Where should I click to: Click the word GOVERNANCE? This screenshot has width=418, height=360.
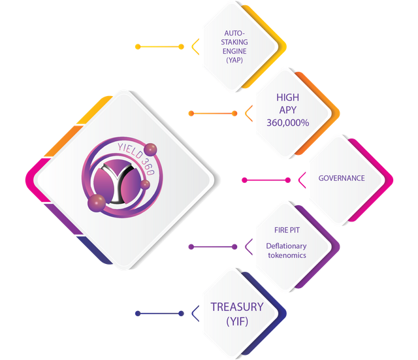coord(342,178)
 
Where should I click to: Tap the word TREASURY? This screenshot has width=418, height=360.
coord(237,307)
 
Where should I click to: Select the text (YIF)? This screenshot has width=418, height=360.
coord(237,321)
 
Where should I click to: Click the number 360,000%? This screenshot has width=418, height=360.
coord(288,123)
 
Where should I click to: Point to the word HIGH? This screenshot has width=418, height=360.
coord(287,97)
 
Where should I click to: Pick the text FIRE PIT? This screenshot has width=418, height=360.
coord(287,230)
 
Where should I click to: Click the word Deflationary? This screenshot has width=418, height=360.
coord(286,246)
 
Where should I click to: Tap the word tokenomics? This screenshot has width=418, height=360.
coord(287,255)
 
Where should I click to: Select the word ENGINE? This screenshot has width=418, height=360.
coord(234,51)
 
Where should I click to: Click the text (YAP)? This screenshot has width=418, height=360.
coord(234,60)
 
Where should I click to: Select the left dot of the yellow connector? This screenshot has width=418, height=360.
coord(138,47)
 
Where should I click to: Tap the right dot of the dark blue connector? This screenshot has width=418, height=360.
coord(181,314)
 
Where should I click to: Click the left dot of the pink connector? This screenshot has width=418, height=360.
coord(244,180)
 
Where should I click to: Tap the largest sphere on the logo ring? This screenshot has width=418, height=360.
coord(97,203)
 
